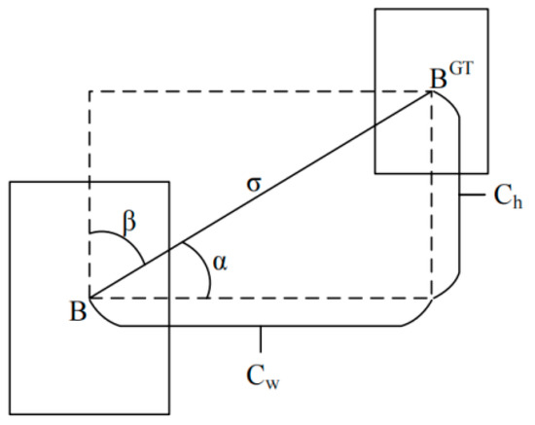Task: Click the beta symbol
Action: pos(129,223)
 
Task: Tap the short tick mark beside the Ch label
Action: pos(471,194)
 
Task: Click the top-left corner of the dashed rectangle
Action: pos(89,91)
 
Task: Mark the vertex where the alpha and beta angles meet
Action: pos(89,298)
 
